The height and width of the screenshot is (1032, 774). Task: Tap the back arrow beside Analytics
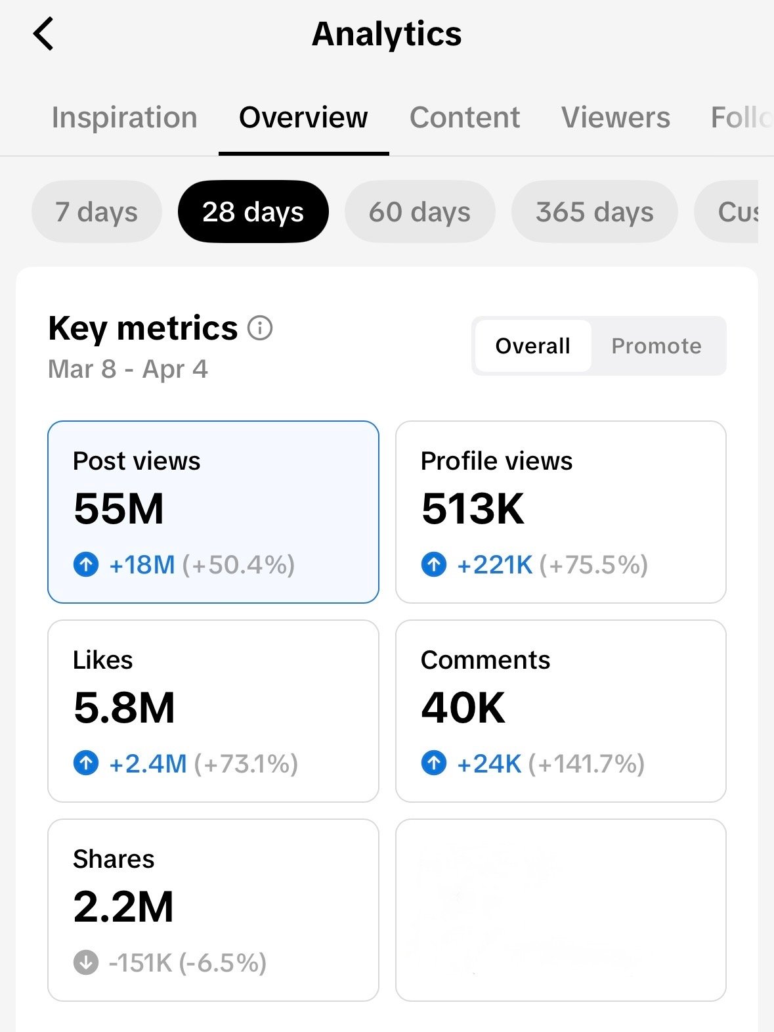pyautogui.click(x=43, y=34)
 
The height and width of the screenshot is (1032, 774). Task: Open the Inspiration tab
pyautogui.click(x=125, y=118)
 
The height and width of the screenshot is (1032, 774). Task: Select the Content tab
pyautogui.click(x=464, y=118)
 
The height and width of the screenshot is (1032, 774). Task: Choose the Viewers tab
pyautogui.click(x=615, y=118)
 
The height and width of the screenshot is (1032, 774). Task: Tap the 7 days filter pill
pyautogui.click(x=97, y=212)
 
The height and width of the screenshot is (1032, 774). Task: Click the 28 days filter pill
pyautogui.click(x=253, y=212)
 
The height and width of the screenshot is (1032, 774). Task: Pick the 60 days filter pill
pyautogui.click(x=419, y=212)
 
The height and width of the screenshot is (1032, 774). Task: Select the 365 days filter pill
pyautogui.click(x=594, y=212)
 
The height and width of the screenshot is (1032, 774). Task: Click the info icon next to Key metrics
pyautogui.click(x=260, y=328)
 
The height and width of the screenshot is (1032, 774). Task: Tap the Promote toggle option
pyautogui.click(x=656, y=346)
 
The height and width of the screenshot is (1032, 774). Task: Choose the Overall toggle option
pyautogui.click(x=532, y=346)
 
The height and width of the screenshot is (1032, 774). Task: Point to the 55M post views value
pyautogui.click(x=119, y=509)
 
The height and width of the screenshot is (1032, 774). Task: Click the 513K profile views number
pyautogui.click(x=473, y=509)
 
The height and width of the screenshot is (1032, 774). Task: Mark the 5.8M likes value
pyautogui.click(x=124, y=708)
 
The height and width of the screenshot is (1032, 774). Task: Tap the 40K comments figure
pyautogui.click(x=463, y=708)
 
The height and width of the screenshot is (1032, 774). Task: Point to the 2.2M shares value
pyautogui.click(x=123, y=907)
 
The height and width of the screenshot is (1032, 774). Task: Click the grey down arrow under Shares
pyautogui.click(x=86, y=963)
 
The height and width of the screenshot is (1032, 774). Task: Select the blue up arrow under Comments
pyautogui.click(x=433, y=763)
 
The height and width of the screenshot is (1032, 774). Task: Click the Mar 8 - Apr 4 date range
pyautogui.click(x=128, y=369)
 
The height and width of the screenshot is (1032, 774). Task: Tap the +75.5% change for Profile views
pyautogui.click(x=593, y=565)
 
